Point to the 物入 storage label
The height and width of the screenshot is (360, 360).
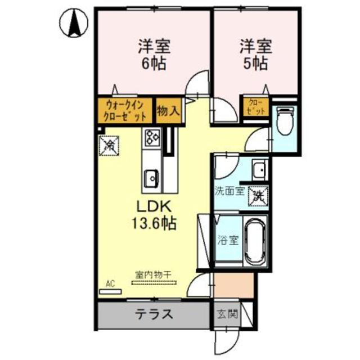coord(168,110)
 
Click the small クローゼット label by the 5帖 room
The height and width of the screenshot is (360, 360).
coord(255,107)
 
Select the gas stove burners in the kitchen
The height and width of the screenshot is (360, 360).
coord(152,136)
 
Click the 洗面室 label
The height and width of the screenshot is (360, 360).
coord(229,191)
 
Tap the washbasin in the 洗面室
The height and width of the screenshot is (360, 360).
coord(259,169)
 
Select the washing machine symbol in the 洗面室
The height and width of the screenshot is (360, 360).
coord(258,196)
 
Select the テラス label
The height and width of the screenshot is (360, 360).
coord(153,314)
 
